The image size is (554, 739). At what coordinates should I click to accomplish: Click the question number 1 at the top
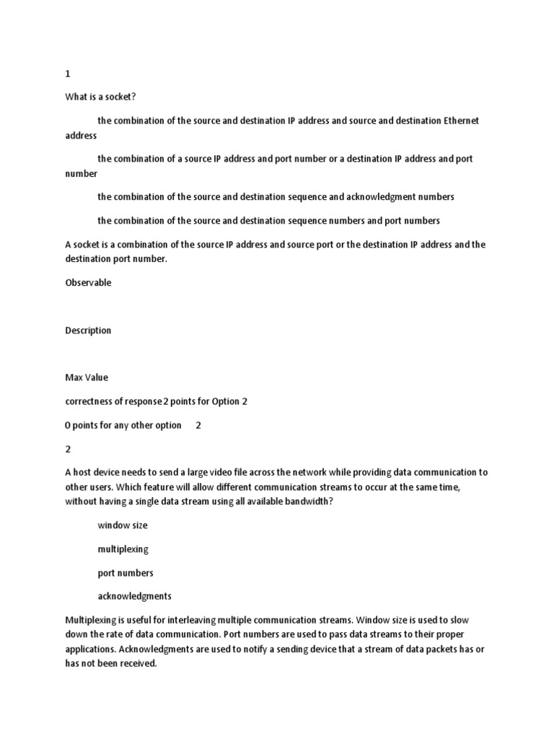(x=68, y=74)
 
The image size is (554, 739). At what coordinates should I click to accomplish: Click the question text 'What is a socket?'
(x=100, y=97)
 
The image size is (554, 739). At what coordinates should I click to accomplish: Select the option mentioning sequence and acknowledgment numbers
(x=276, y=196)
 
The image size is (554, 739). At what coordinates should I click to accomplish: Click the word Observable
(x=88, y=283)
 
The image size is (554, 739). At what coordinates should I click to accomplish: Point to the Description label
(x=88, y=331)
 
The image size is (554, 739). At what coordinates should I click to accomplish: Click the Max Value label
(x=87, y=377)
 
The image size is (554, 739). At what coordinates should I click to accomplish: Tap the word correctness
(x=90, y=401)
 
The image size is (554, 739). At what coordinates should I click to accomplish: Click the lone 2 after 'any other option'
(x=198, y=425)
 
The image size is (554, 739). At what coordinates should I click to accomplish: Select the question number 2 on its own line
(x=68, y=449)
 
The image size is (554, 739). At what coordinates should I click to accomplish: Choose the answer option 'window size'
(x=123, y=525)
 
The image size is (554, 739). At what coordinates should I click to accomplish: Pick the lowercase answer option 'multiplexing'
(x=123, y=549)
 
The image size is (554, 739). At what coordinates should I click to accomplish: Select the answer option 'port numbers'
(x=126, y=573)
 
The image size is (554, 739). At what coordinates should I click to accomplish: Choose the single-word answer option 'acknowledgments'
(x=134, y=596)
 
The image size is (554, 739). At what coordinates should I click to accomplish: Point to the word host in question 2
(x=84, y=473)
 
